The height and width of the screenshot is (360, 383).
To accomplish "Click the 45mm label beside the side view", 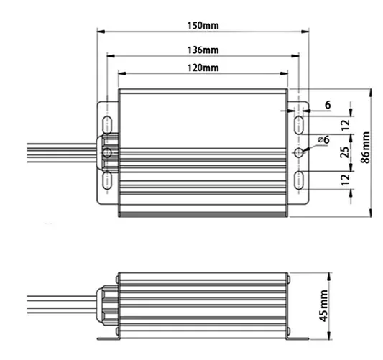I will coord(324,303).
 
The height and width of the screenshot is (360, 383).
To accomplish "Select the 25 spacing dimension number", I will coord(344,152).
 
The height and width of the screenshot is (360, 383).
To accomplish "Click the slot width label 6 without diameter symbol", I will coord(327,105).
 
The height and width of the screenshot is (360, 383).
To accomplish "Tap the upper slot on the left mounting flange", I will coord(106,124).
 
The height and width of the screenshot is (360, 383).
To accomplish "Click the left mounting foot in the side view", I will coord(109,337).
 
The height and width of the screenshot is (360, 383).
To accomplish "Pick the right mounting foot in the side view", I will coord(297,337).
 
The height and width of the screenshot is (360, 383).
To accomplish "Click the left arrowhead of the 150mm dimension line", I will coord(101,32).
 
